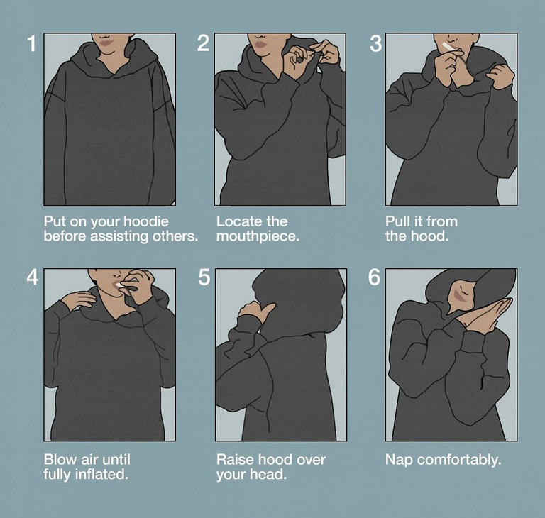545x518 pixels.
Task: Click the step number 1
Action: coord(32,44)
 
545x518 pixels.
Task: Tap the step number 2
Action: coord(204,44)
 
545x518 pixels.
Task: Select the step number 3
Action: coord(375,44)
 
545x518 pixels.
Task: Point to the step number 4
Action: coord(32,277)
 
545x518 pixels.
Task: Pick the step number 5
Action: coord(204,277)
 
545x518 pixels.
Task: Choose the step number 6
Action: coord(375,277)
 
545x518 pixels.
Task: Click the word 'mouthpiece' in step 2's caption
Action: coord(257,236)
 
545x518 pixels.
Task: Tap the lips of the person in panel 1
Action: coord(107,43)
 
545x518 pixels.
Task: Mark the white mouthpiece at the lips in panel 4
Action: coord(119,285)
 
